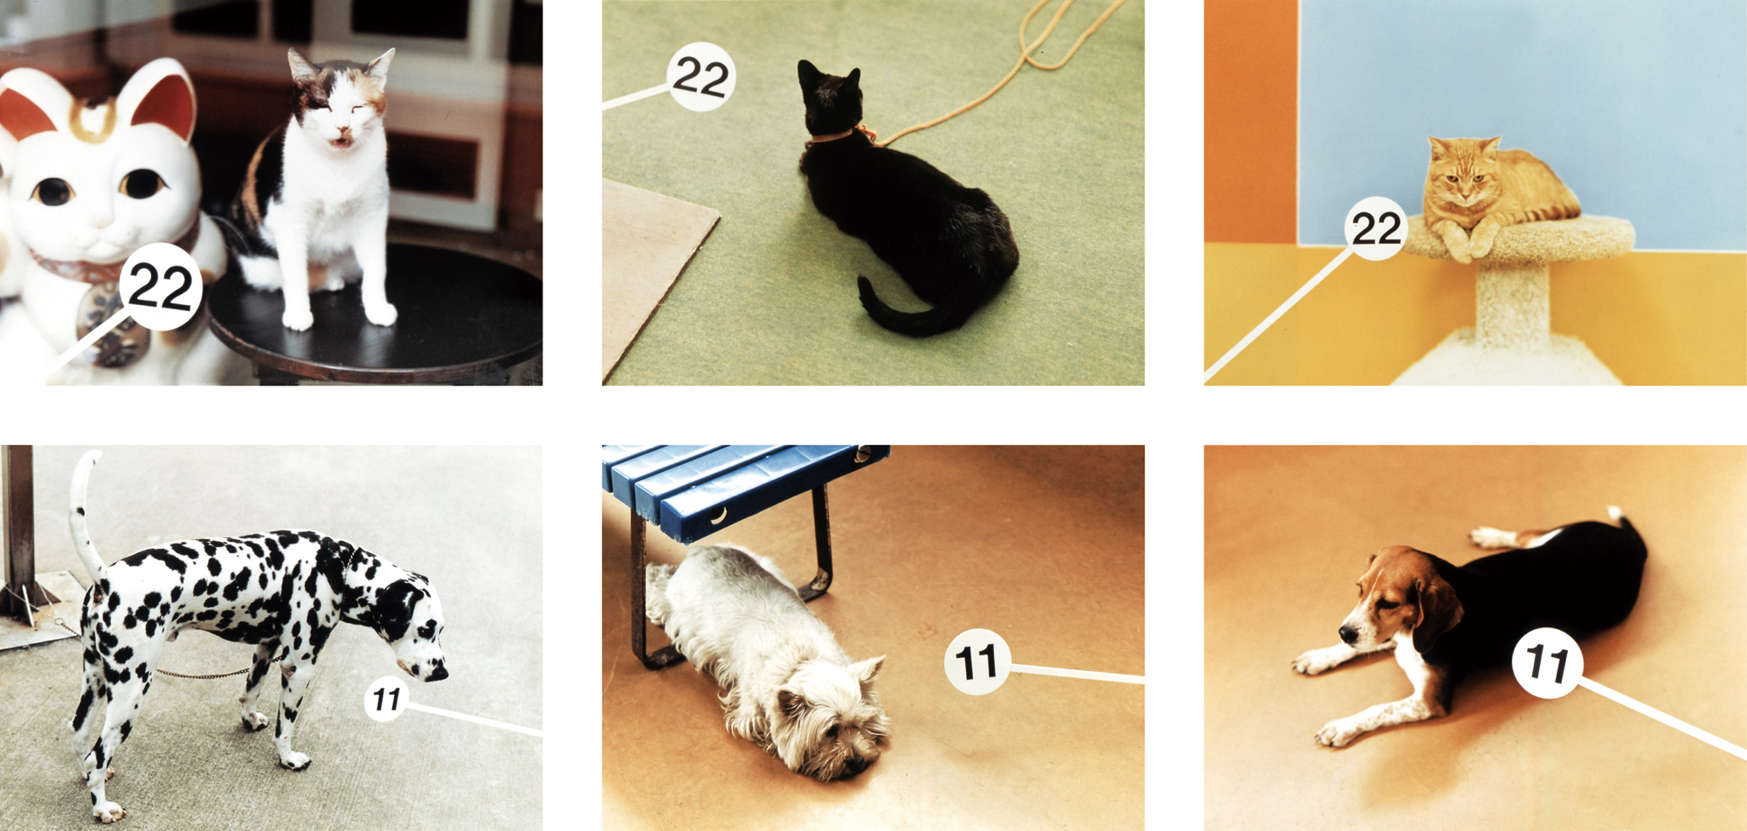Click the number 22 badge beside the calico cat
point(160,287)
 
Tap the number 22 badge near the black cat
point(701,77)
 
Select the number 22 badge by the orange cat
point(1377,228)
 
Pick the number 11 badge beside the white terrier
point(977,661)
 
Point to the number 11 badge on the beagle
point(1547,662)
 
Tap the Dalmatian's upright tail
point(85,516)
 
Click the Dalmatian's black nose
point(437,673)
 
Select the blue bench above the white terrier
point(742,489)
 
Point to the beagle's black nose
point(1348,634)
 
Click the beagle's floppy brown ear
point(1434,609)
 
